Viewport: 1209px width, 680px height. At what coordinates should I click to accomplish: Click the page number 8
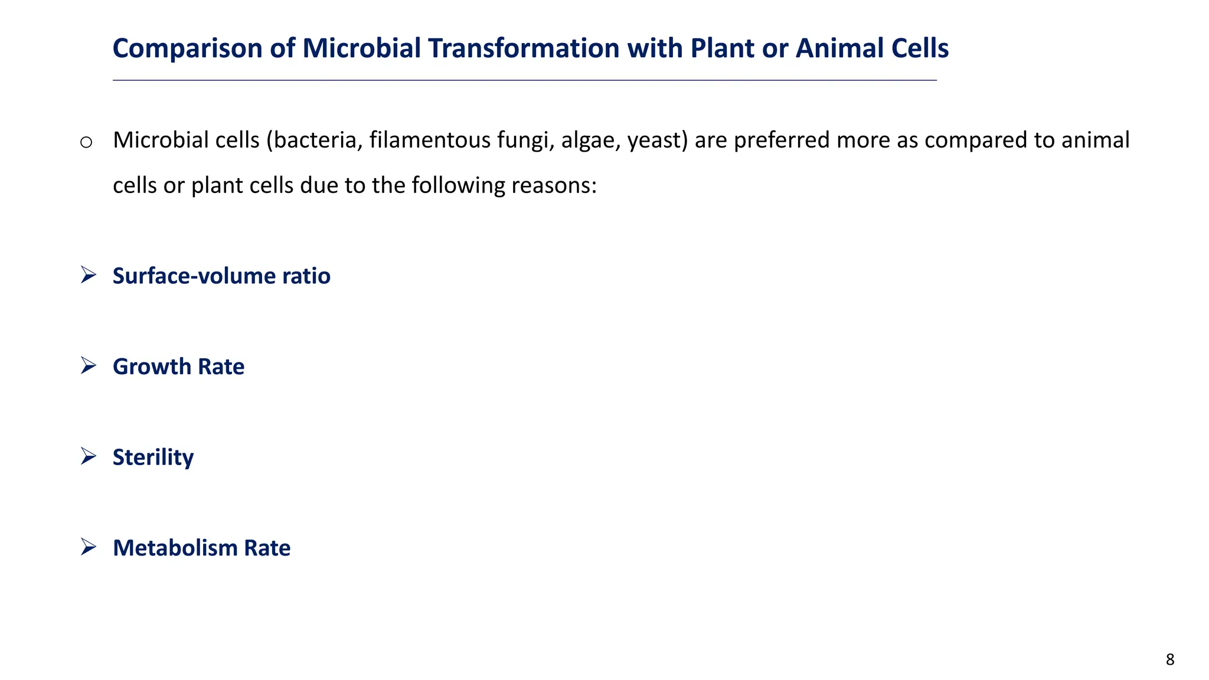coord(1169,660)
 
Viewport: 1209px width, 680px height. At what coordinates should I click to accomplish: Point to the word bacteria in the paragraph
coord(317,140)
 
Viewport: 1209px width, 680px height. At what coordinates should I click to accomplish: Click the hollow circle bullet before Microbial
coord(86,142)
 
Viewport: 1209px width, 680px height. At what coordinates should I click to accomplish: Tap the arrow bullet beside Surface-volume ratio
coord(89,275)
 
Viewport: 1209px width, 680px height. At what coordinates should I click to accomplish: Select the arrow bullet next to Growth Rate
coord(89,366)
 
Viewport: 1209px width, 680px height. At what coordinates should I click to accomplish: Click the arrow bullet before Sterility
coord(89,456)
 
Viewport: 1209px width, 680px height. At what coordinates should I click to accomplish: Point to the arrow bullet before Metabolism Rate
coord(89,547)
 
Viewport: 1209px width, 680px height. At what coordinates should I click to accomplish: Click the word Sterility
coord(153,458)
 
